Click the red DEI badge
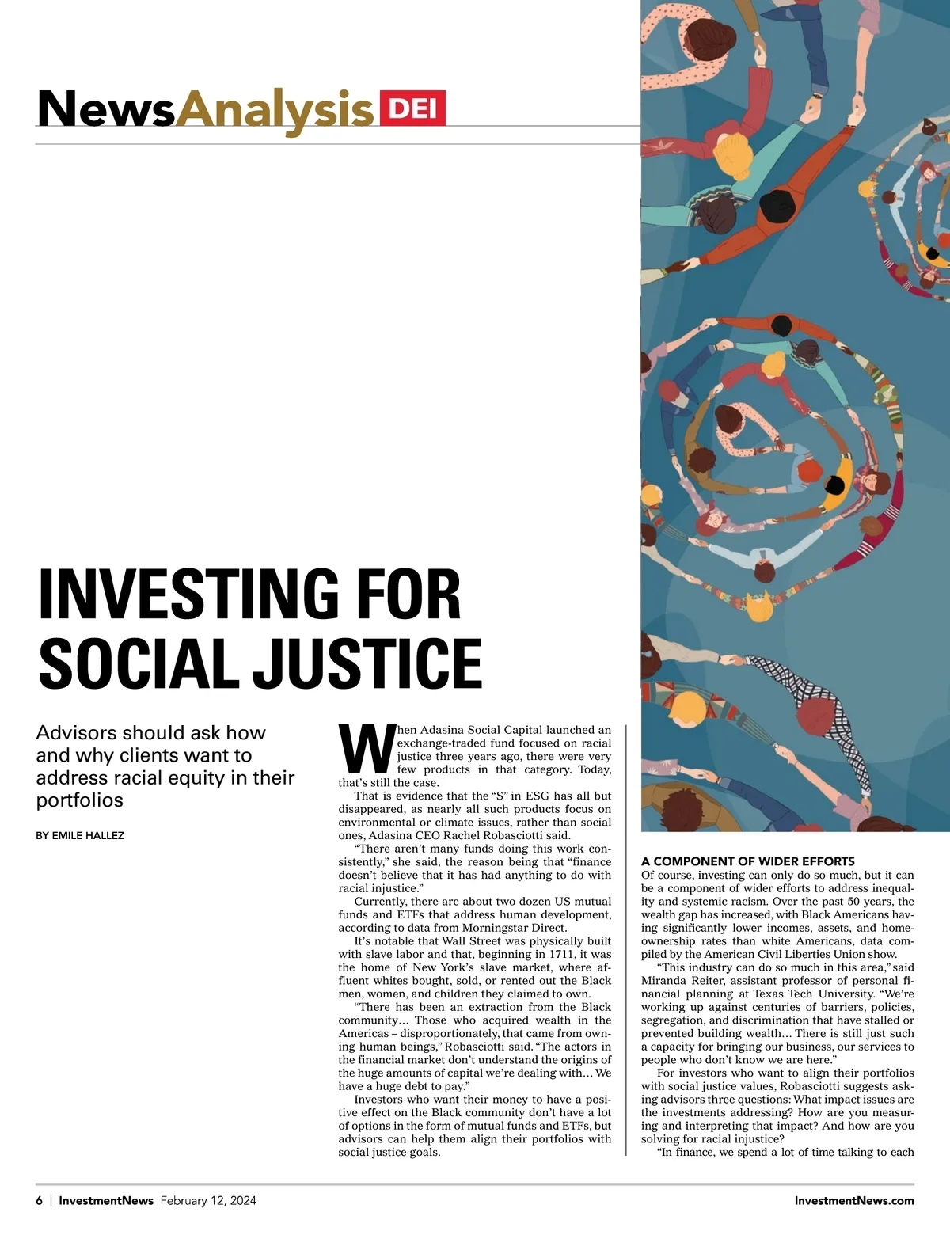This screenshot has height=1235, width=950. coord(412,108)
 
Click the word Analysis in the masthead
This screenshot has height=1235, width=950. coord(274,110)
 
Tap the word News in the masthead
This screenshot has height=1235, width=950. coord(106,109)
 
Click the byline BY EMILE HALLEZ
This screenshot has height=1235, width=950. coord(80,835)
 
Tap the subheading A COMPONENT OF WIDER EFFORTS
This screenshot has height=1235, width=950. coord(748,861)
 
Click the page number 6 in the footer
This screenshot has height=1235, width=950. coord(40,1200)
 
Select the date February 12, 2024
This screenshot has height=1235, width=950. coord(208,1200)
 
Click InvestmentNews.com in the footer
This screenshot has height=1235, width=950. coord(854,1200)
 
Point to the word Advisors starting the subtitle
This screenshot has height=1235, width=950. coord(75,733)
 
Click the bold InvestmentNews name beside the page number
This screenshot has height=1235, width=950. coord(106,1200)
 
